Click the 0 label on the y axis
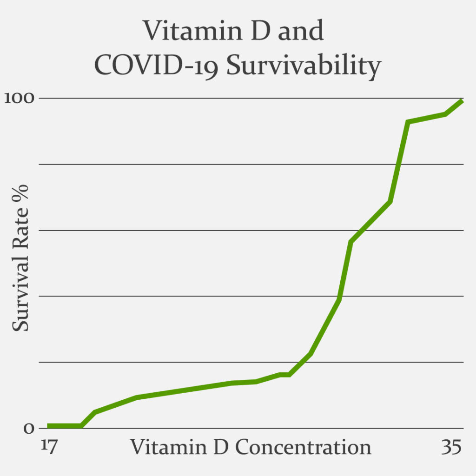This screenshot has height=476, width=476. coord(29,428)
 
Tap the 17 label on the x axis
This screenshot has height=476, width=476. coord(48,447)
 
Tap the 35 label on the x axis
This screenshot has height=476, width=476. coord(451,447)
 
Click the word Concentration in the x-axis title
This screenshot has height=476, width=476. coord(303,447)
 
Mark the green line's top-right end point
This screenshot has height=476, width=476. coord(463,101)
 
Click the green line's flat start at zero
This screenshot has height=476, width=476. coord(64,426)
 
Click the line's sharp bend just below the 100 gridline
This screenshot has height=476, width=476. coord(408,122)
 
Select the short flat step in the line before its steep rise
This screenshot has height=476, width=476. coord(284,374)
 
